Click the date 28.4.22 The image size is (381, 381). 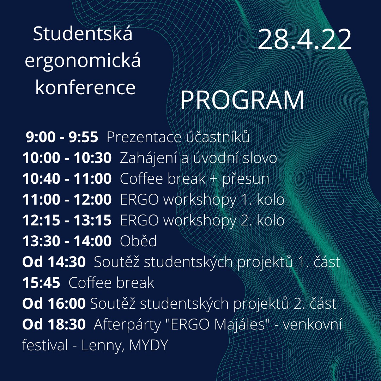point(305,40)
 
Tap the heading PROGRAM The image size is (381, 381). point(242,100)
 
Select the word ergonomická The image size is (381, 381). point(83,61)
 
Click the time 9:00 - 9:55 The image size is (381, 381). point(62,137)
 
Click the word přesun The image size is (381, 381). point(246,179)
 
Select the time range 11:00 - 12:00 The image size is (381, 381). point(67,199)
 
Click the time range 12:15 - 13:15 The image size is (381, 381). point(67,220)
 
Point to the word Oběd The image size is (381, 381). point(138,241)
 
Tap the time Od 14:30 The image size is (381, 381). point(54,262)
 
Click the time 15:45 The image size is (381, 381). point(41,283)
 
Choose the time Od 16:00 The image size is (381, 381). point(54,303)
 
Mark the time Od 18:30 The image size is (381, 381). point(54,324)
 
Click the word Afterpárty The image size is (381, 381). point(127,325)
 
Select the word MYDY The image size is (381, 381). point(149,345)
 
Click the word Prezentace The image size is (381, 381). point(144,137)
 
